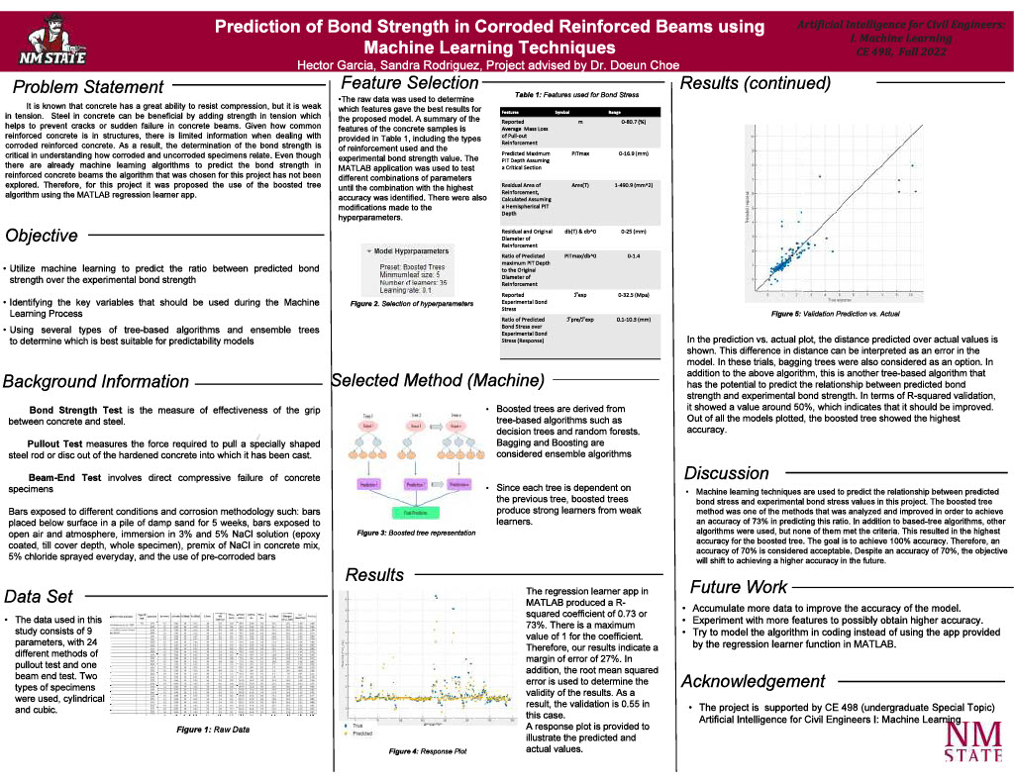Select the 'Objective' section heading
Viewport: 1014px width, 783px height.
point(42,236)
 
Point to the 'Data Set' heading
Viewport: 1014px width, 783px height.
point(39,596)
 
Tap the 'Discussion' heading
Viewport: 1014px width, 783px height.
point(727,473)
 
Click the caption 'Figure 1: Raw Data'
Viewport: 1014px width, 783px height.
point(213,729)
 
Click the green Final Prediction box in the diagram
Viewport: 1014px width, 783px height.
point(408,513)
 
